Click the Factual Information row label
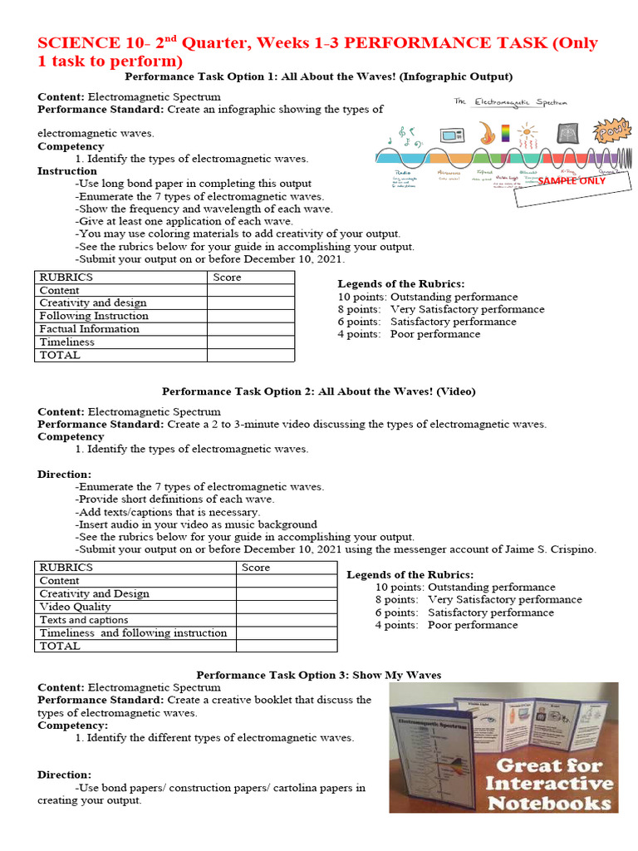[x=90, y=329]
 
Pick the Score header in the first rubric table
[x=227, y=278]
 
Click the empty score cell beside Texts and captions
[x=287, y=620]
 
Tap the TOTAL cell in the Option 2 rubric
[x=61, y=646]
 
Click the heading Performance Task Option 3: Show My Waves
[x=318, y=675]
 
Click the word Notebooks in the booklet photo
[x=550, y=803]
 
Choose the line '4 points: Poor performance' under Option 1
[x=409, y=334]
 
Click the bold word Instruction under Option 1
[x=67, y=171]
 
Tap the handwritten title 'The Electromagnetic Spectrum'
[x=510, y=102]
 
